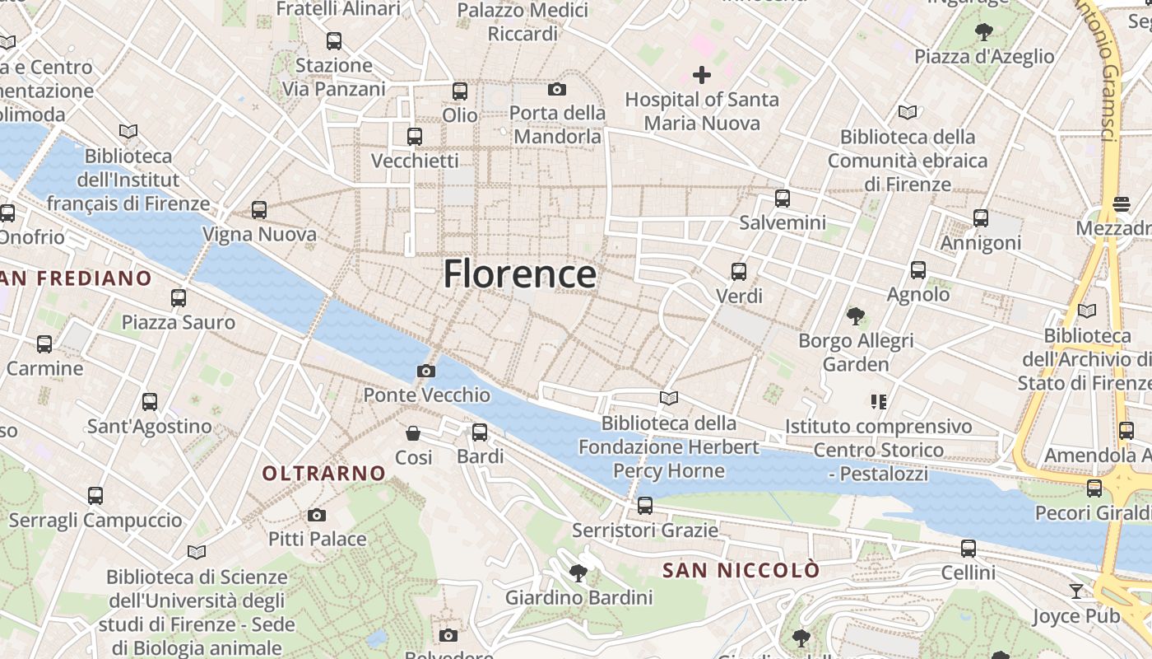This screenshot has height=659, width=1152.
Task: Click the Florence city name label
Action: click(519, 273)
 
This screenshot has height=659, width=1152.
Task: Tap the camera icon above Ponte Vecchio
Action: click(425, 371)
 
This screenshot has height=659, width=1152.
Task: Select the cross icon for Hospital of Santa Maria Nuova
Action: click(701, 75)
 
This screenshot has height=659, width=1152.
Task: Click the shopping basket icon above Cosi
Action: click(413, 432)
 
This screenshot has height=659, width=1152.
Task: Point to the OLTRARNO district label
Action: click(323, 473)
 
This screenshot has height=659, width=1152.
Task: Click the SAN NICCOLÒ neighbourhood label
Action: click(741, 570)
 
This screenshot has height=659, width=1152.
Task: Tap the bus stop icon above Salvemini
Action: click(782, 199)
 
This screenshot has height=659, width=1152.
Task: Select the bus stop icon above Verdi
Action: click(739, 271)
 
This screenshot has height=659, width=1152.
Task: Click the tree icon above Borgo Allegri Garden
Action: click(856, 315)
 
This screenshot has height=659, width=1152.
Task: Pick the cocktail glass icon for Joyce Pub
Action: click(1075, 591)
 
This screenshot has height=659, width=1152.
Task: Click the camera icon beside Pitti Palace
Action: click(316, 516)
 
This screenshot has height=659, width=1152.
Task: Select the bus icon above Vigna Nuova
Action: click(259, 210)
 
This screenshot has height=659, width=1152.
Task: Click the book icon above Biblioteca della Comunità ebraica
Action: click(907, 112)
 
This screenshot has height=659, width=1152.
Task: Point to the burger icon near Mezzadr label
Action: click(1121, 203)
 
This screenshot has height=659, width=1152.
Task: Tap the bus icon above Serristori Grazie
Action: click(645, 505)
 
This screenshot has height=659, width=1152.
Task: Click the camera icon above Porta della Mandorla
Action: click(557, 89)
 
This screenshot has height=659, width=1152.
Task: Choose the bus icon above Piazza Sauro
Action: click(179, 298)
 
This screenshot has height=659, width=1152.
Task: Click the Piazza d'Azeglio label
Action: click(984, 56)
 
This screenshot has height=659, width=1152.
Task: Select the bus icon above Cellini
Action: click(969, 548)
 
